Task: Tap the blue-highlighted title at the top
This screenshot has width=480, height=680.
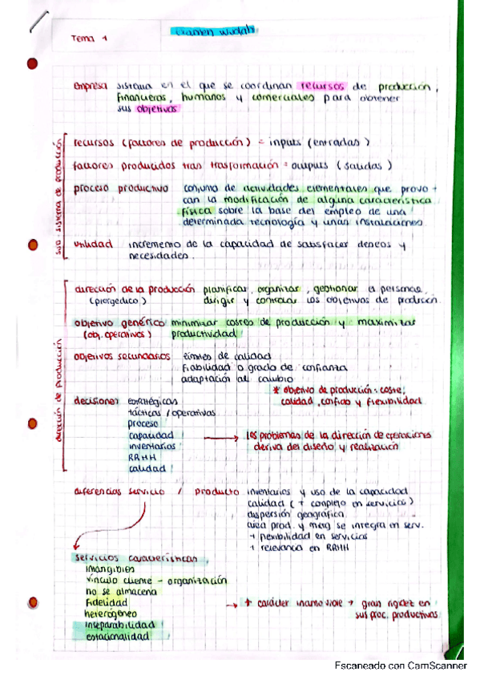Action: (x=212, y=32)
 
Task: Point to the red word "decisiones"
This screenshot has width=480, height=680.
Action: (x=98, y=399)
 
